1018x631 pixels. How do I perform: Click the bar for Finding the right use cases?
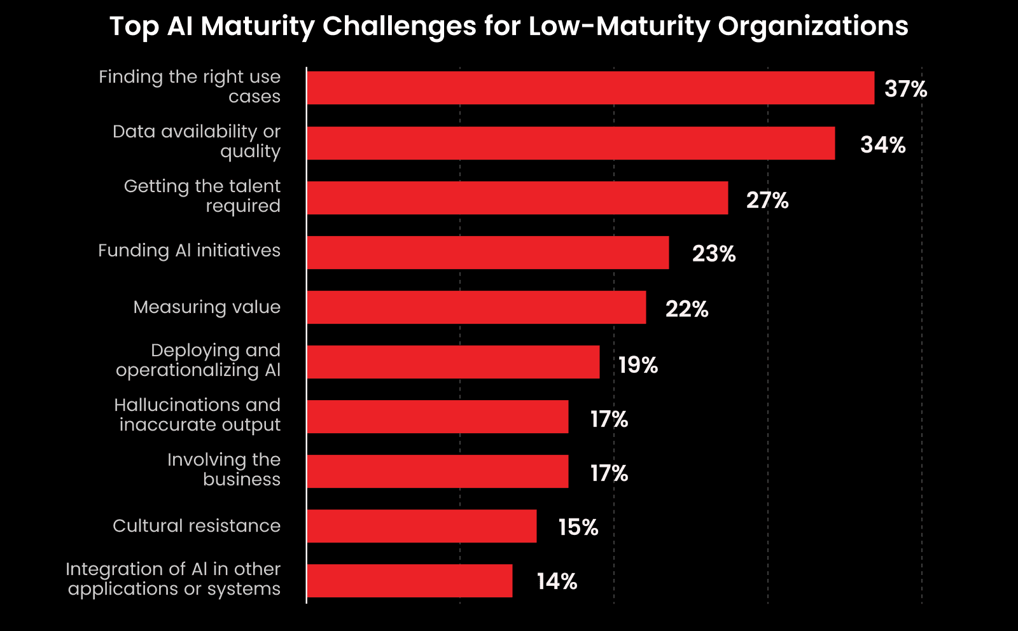[590, 88]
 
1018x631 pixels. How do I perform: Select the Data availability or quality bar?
[571, 143]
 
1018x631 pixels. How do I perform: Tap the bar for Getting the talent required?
[517, 198]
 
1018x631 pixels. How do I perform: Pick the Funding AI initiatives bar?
[488, 253]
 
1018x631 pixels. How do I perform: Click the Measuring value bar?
[477, 307]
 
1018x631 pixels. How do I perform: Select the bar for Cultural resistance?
[422, 526]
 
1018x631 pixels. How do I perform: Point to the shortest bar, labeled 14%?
[410, 581]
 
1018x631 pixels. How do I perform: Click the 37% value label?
[905, 89]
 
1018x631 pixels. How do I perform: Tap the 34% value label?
[882, 145]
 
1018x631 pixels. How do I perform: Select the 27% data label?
[767, 200]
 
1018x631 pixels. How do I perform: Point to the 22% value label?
[687, 309]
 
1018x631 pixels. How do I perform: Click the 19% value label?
[638, 365]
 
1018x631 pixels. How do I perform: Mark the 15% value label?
[578, 527]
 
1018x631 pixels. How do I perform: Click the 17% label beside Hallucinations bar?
[609, 419]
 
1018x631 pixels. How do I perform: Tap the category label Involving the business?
[224, 469]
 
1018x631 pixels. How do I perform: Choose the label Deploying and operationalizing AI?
[199, 360]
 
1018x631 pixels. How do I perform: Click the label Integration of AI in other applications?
[174, 579]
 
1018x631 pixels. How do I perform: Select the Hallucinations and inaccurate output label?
[198, 415]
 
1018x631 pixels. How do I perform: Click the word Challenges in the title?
[399, 27]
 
